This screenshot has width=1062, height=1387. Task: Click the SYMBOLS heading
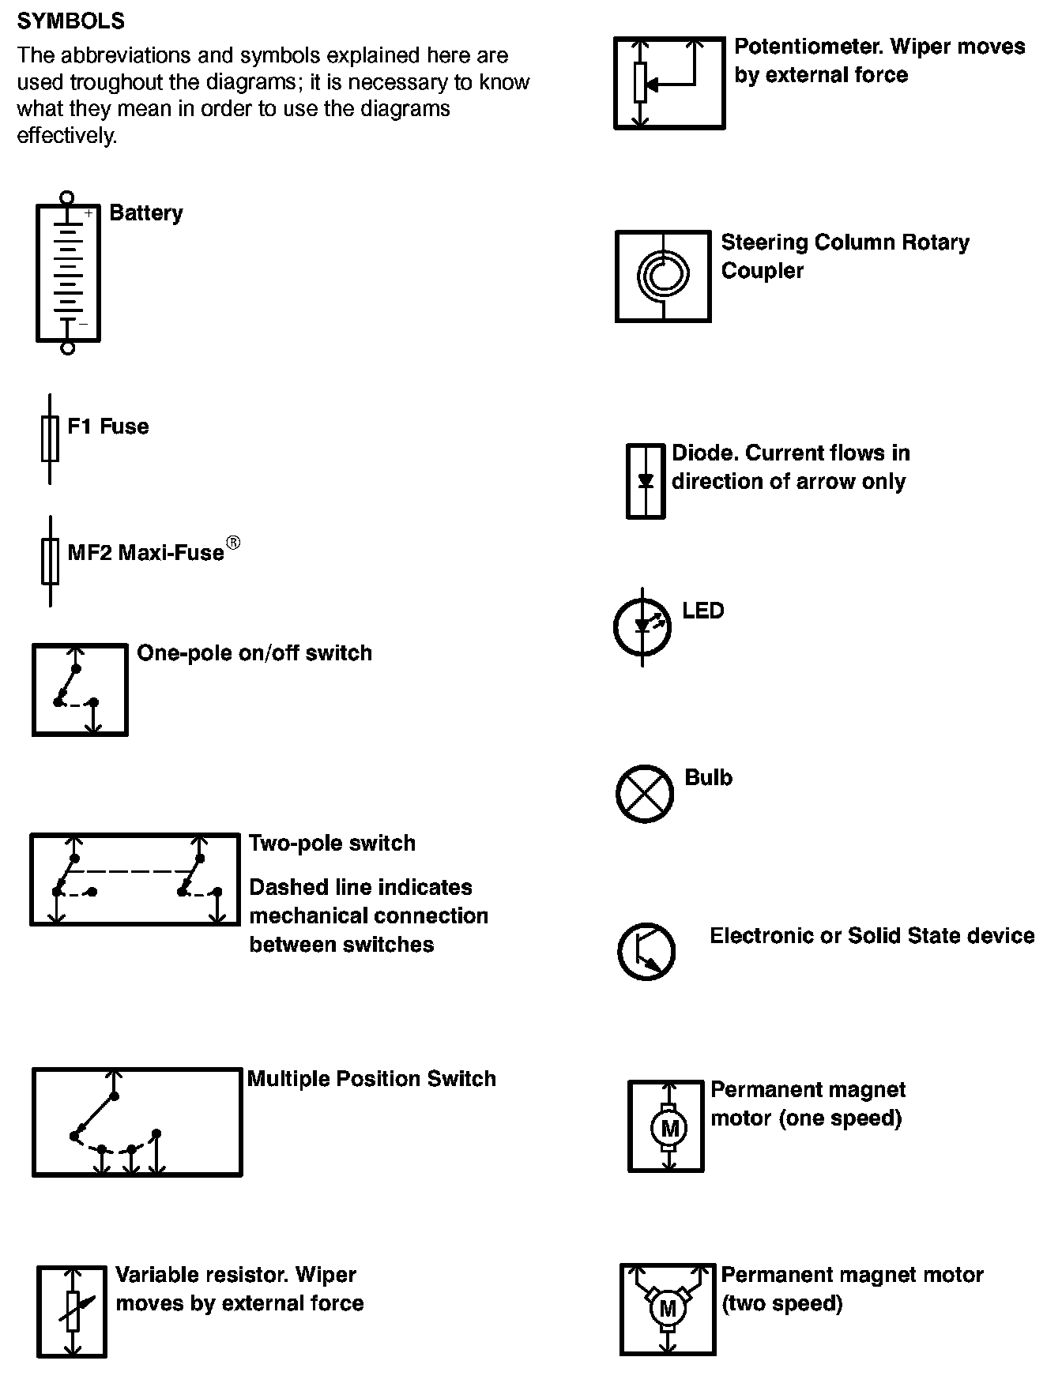70,21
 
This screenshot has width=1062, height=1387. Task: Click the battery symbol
68,273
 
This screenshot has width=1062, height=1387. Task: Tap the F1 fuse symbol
50,438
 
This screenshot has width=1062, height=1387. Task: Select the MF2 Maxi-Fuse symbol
51,561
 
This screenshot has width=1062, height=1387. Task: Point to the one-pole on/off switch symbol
80,690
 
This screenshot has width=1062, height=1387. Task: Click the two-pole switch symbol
134,878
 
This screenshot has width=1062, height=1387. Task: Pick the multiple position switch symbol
137,1122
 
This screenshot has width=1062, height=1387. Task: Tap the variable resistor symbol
72,1311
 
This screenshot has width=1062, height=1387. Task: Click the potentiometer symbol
669,83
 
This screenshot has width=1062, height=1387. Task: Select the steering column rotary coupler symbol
663,276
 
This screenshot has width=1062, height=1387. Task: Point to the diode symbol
646,481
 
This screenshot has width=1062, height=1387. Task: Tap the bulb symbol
645,793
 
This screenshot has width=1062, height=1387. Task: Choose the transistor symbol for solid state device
646,951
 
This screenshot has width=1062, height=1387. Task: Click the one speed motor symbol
665,1126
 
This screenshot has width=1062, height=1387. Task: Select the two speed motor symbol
668,1309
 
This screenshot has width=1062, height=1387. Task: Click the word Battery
146,213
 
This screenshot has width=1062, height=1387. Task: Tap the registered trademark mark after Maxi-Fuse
233,543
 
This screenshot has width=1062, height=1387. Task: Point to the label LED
703,611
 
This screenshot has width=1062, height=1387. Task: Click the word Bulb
708,777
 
